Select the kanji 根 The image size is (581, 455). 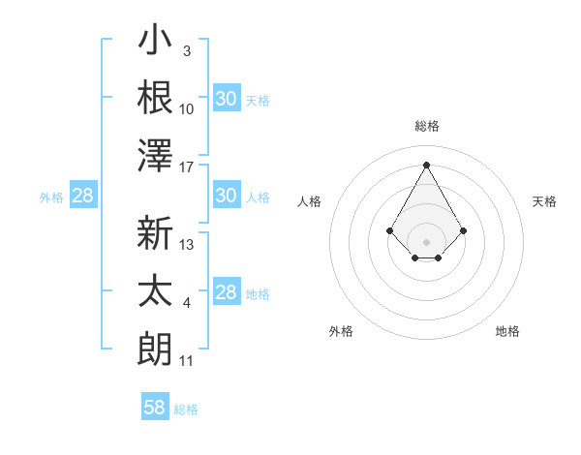click(x=155, y=97)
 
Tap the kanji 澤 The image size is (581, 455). click(x=155, y=154)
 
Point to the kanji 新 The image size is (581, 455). click(x=155, y=233)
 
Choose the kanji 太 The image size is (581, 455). click(x=155, y=290)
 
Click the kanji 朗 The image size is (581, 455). click(x=155, y=348)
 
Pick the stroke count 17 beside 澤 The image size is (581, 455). click(x=187, y=167)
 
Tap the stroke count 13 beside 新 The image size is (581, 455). click(x=187, y=245)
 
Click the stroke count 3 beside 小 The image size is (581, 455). click(x=187, y=50)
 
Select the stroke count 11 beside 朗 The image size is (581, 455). click(x=187, y=361)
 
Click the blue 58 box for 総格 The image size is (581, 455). click(x=155, y=408)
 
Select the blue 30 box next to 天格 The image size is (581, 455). click(x=226, y=99)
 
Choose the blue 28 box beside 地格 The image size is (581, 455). click(x=226, y=293)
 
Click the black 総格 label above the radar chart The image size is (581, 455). click(x=426, y=126)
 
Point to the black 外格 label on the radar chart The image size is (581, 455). click(x=341, y=331)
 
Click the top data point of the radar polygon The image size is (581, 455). click(x=426, y=165)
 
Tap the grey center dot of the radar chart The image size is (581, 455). click(x=426, y=241)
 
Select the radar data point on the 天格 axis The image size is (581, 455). click(x=464, y=230)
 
